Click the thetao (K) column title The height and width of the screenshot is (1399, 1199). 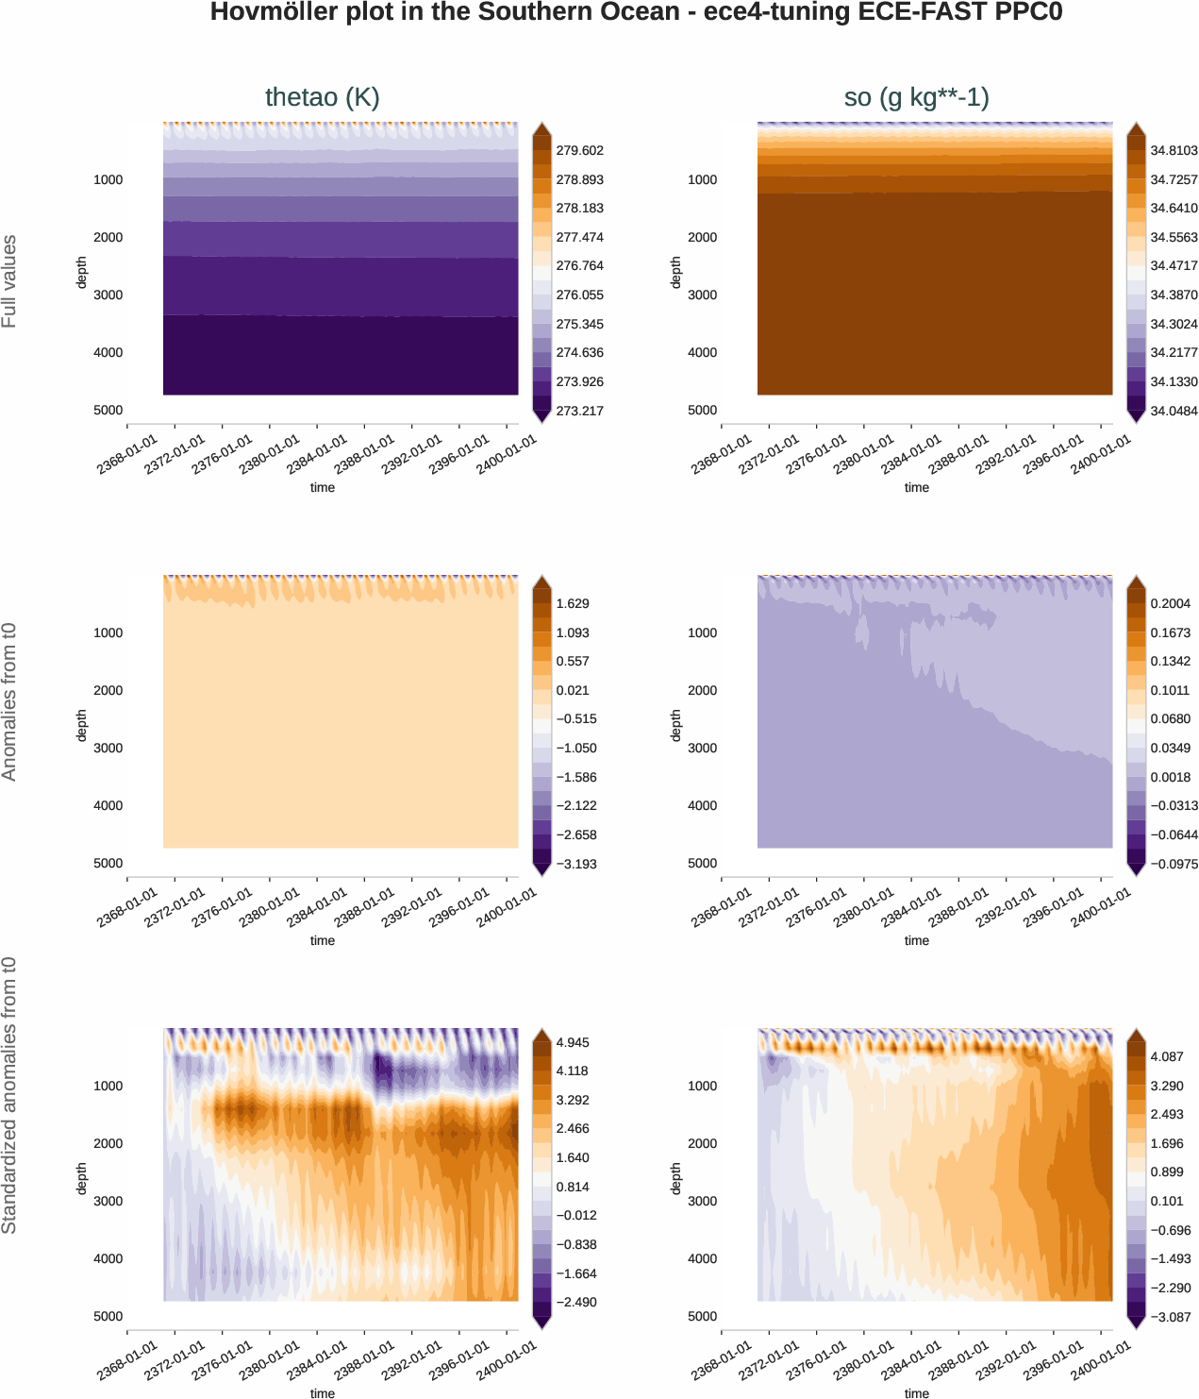(322, 97)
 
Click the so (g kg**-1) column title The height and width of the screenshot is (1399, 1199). (916, 97)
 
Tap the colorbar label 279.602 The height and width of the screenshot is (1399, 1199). (579, 151)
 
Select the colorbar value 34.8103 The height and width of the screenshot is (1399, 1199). (1174, 151)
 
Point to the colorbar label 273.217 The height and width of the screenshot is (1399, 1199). (579, 411)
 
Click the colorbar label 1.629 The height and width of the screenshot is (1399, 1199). (573, 604)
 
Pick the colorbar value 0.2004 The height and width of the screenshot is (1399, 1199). (1170, 604)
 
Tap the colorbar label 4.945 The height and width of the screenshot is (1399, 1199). (573, 1043)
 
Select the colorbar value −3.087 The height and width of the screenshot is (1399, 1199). (1170, 1317)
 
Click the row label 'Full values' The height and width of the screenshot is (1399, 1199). (9, 281)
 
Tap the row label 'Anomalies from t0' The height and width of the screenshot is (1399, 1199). (9, 701)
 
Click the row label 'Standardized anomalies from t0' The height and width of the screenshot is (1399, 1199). (9, 1095)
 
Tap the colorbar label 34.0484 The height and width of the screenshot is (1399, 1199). (1174, 411)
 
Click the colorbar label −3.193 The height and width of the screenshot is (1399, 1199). (575, 864)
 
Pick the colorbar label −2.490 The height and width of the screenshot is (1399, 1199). (575, 1303)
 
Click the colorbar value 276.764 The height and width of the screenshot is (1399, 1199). (579, 266)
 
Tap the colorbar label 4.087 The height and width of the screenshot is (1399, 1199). (1167, 1057)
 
